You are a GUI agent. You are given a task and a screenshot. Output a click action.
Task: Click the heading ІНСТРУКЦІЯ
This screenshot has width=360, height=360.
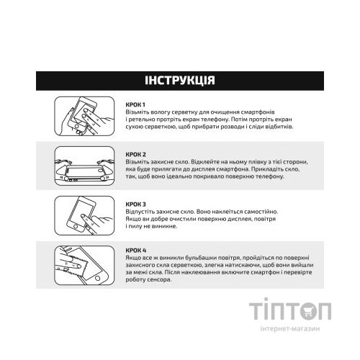pos(180,79)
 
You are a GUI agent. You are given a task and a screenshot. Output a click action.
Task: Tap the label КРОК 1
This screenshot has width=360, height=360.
pos(134,105)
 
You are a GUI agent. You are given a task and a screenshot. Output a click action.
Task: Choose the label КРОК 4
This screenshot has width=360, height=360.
pos(135,249)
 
